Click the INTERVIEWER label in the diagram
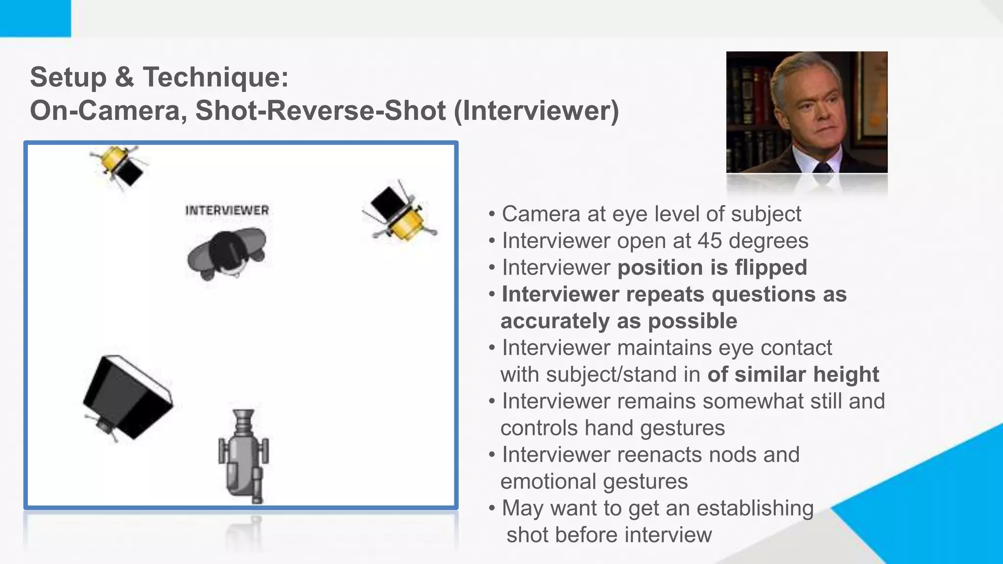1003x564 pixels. click(227, 211)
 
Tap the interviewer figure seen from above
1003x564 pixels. click(226, 253)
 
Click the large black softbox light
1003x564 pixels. click(127, 397)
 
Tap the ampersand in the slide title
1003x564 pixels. click(124, 77)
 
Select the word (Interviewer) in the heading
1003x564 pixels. click(536, 111)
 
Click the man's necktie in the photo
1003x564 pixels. click(823, 167)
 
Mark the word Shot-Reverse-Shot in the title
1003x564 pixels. click(321, 111)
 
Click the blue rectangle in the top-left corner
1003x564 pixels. click(35, 18)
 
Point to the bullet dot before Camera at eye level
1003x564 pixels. click(492, 214)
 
